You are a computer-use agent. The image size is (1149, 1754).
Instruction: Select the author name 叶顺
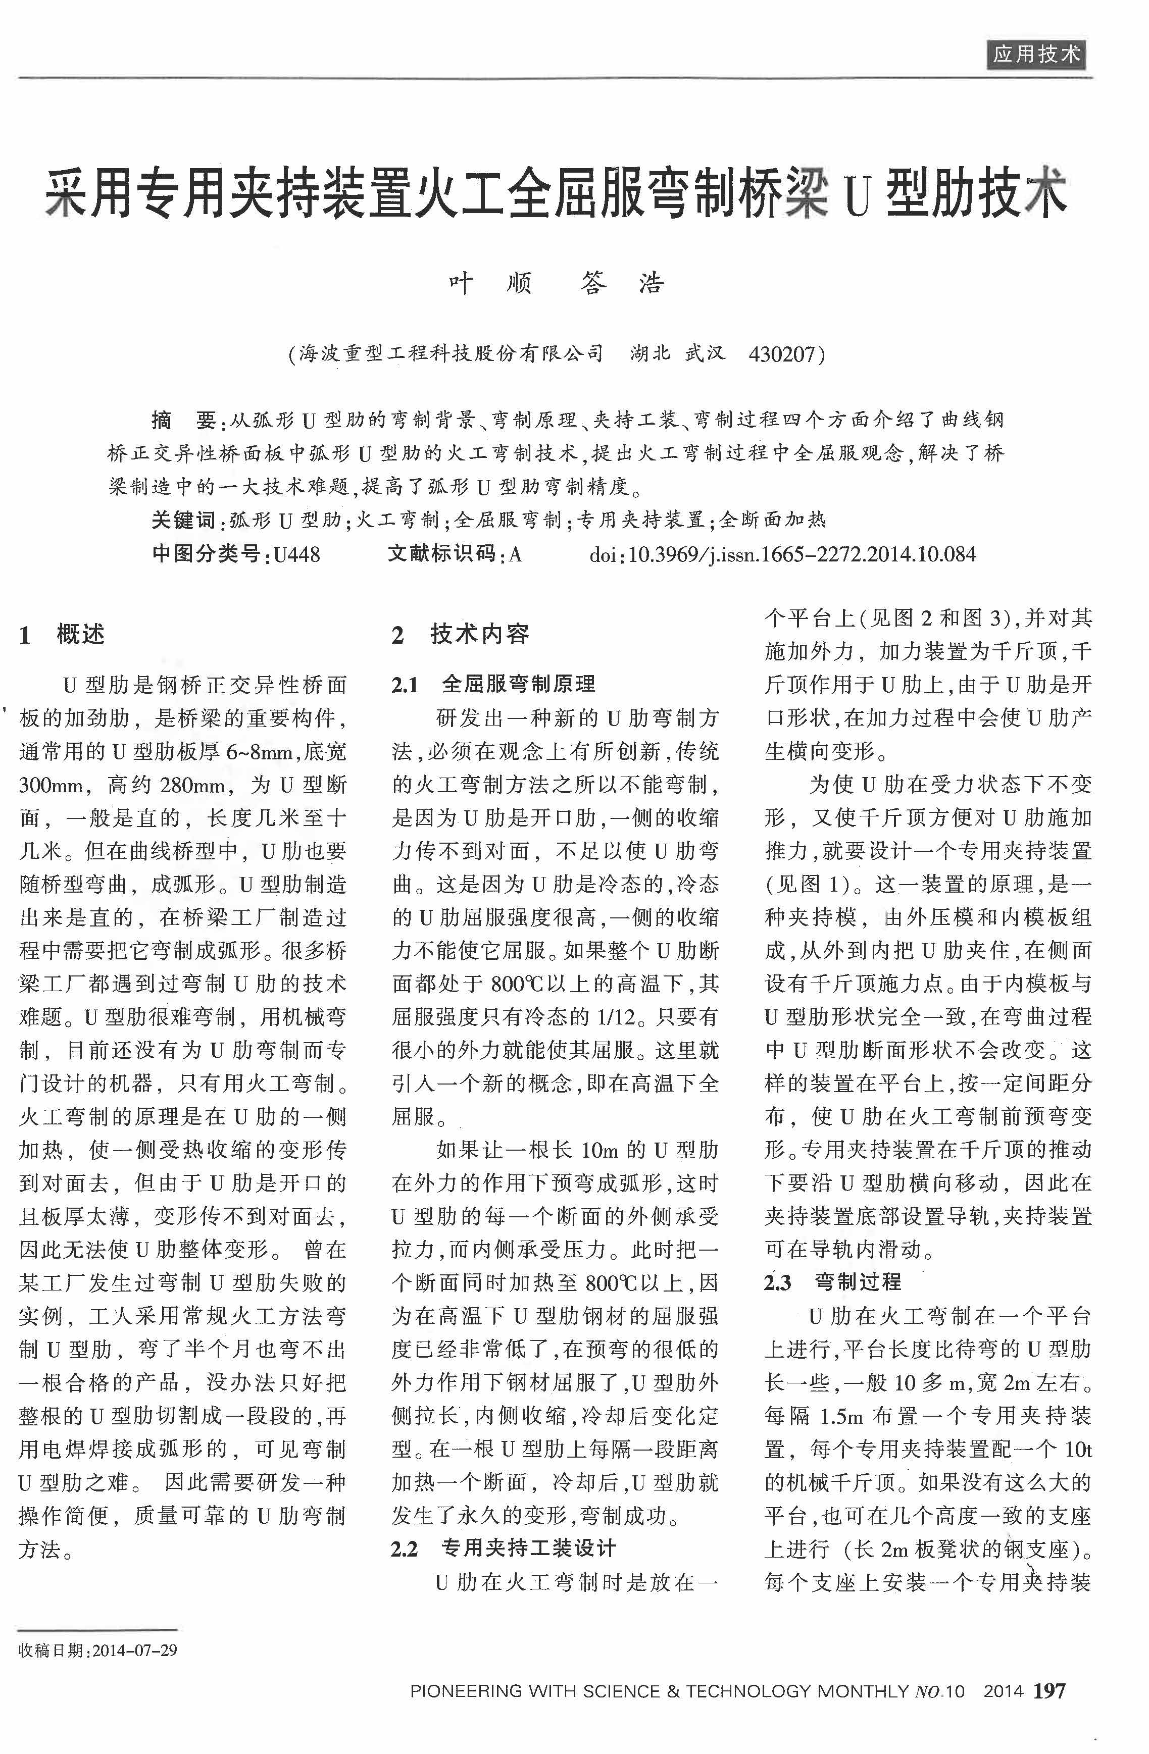click(490, 284)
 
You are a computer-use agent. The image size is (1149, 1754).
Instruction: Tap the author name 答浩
click(622, 284)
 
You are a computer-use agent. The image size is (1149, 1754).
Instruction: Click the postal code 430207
click(781, 355)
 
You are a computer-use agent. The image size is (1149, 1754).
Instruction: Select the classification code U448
click(296, 554)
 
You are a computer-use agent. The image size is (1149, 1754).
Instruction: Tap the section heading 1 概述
click(62, 634)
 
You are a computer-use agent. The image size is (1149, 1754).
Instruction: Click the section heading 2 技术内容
click(460, 634)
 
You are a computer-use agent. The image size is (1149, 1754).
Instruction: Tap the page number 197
click(1050, 1685)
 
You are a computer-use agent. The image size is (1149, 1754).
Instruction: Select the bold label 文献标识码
click(442, 554)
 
